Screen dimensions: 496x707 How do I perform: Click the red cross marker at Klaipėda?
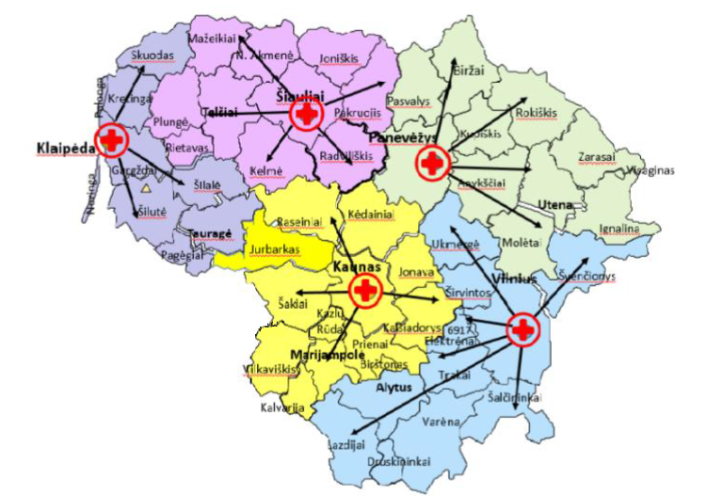tap(112, 141)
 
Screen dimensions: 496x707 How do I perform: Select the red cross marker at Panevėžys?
tap(432, 165)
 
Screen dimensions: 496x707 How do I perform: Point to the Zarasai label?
tap(596, 159)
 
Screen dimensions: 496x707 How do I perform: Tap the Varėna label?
tap(442, 421)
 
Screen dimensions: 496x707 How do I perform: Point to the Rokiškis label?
tap(537, 112)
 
